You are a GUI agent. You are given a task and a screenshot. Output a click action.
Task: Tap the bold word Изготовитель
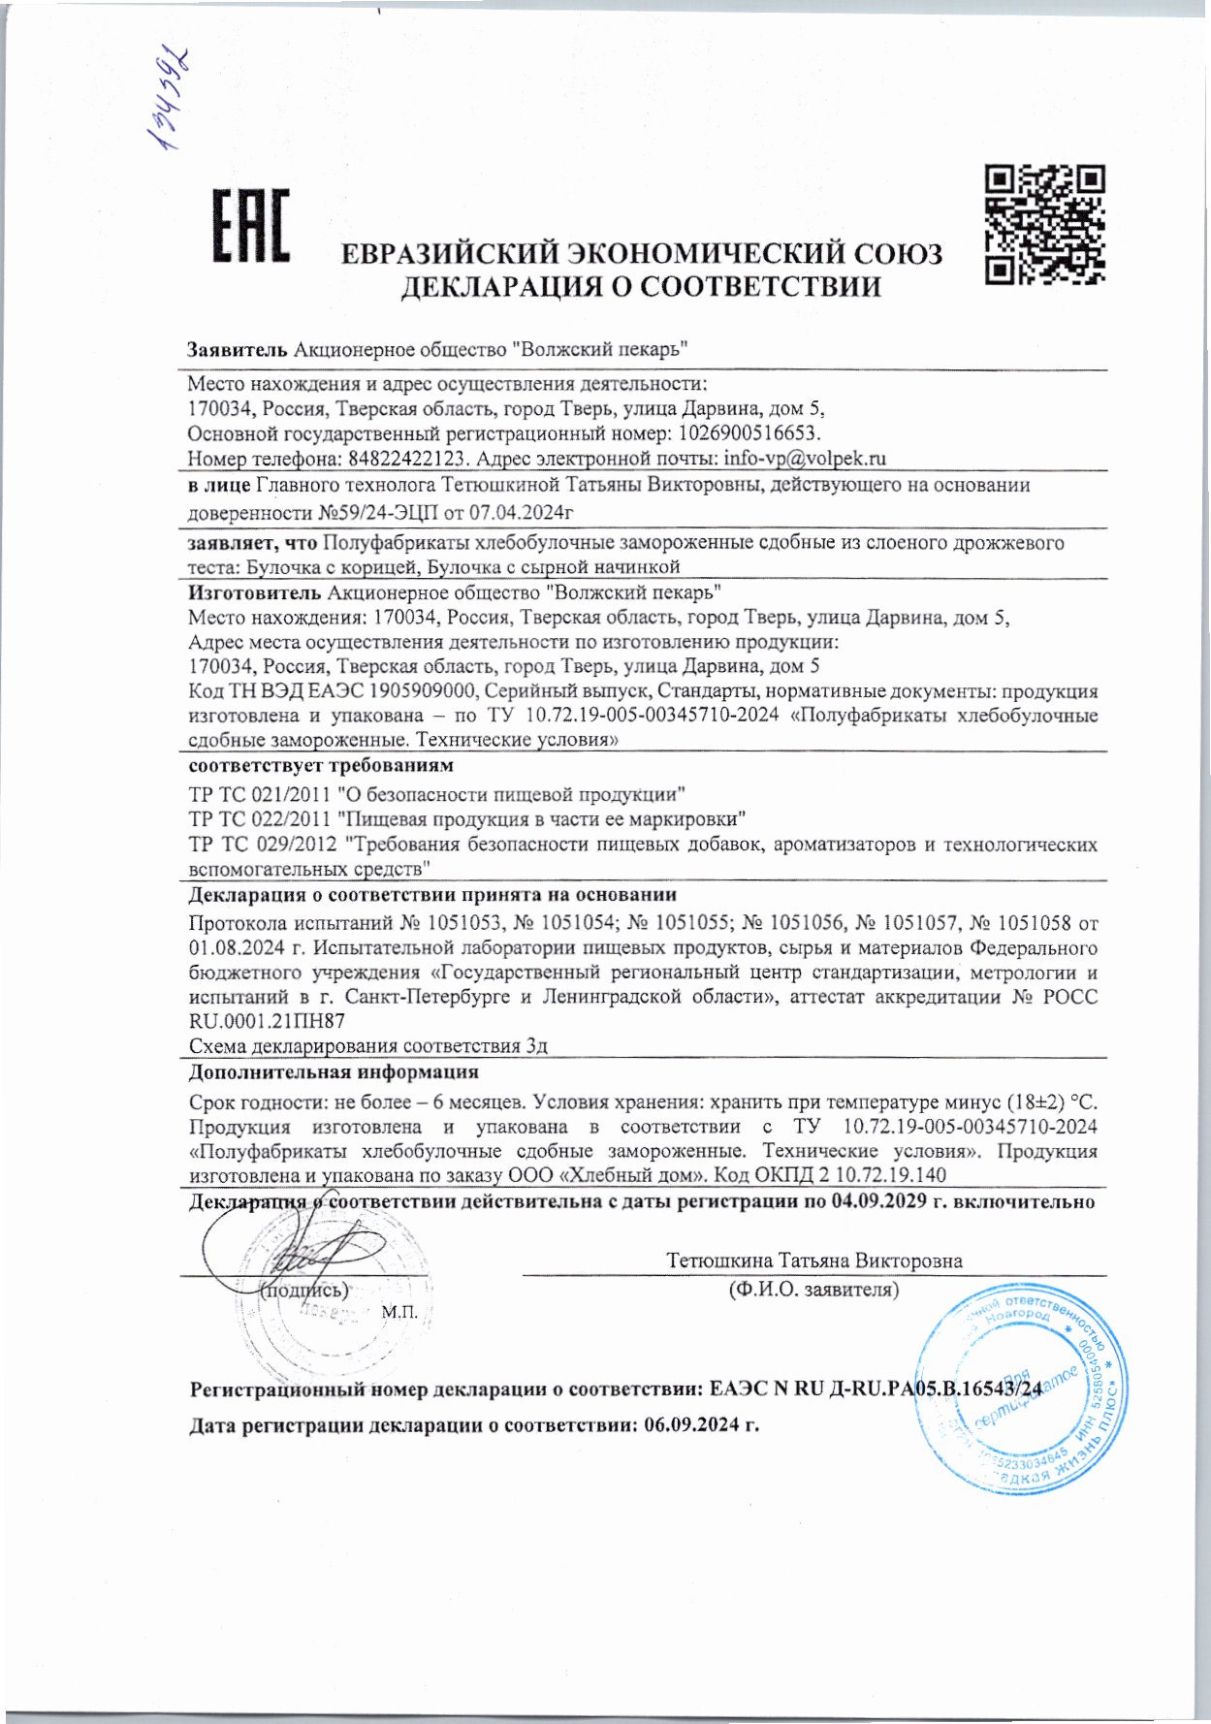tap(255, 591)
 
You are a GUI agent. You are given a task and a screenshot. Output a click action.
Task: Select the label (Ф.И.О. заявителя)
tap(813, 1290)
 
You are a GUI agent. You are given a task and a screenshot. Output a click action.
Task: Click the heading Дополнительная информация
tap(334, 1072)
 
